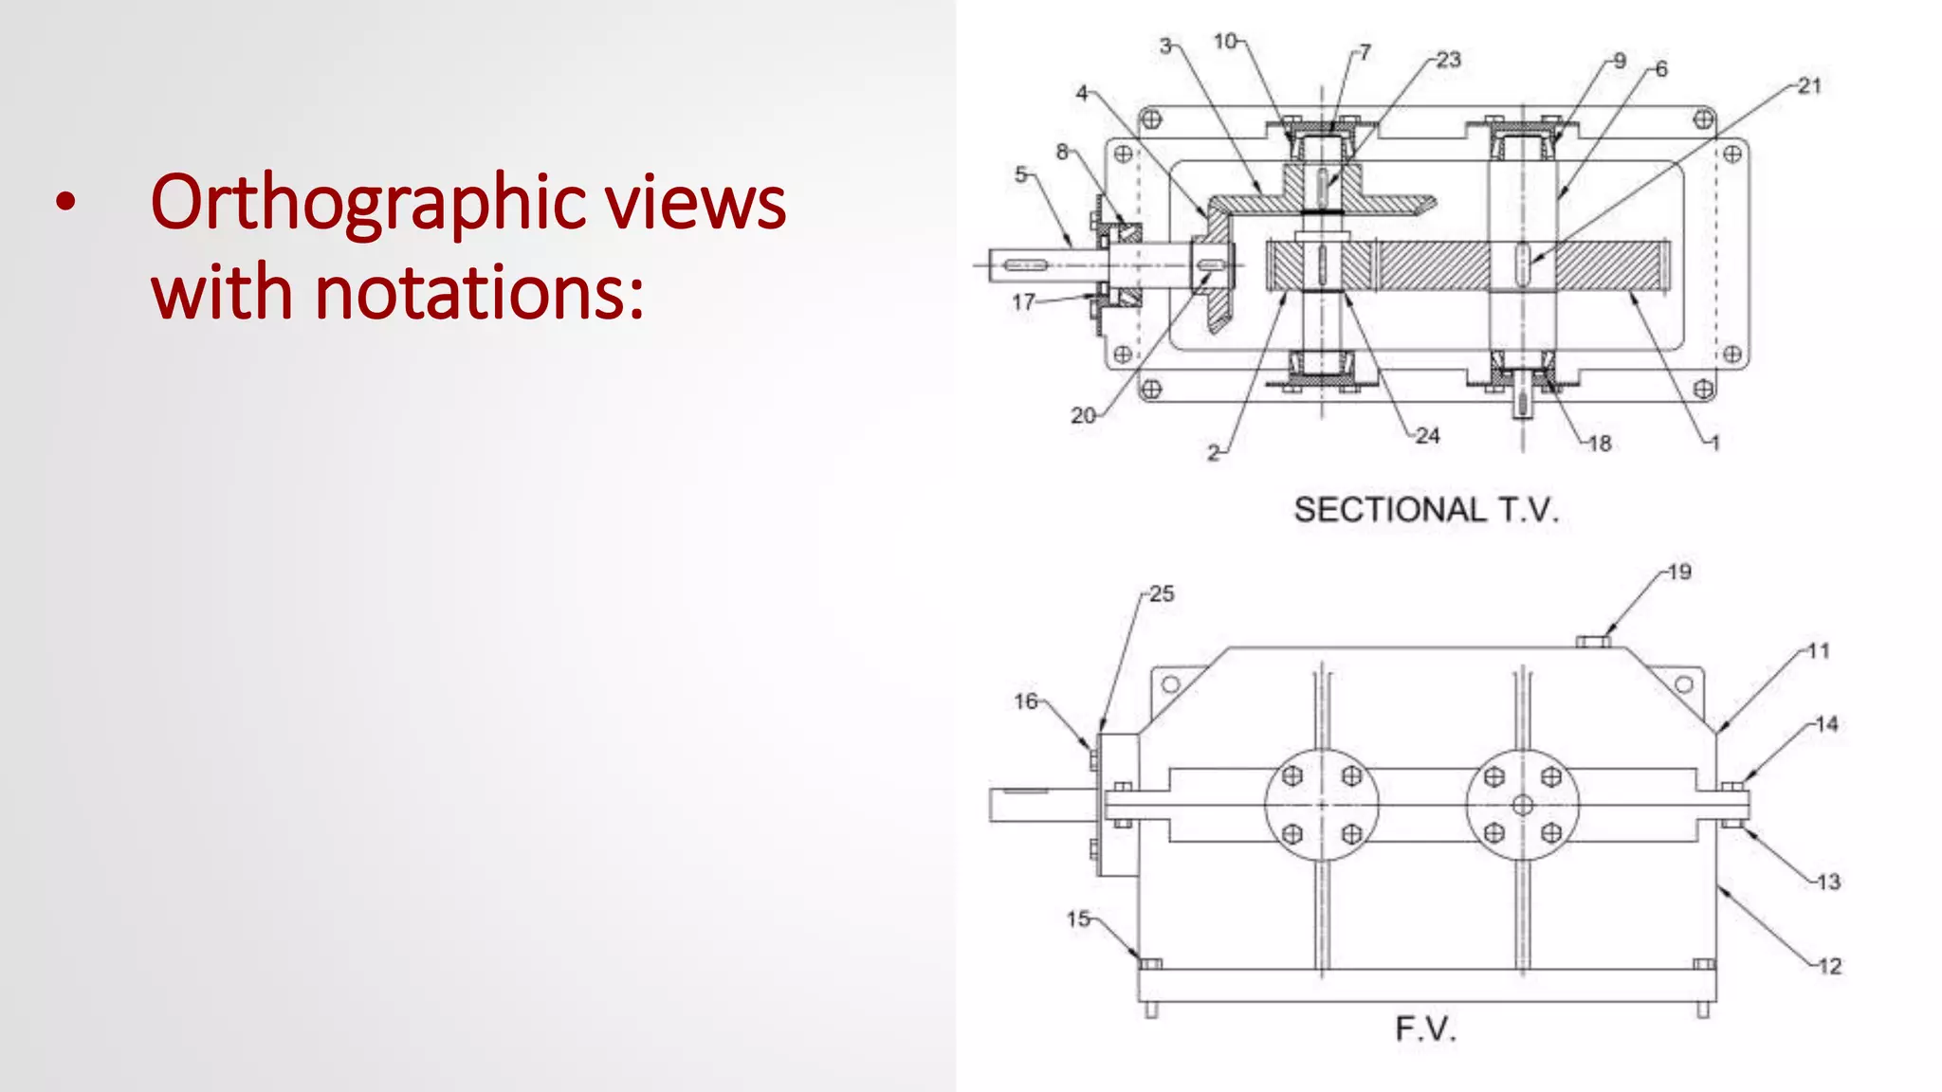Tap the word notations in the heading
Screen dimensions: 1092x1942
pyautogui.click(x=478, y=292)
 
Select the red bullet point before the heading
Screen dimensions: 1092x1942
pyautogui.click(x=64, y=201)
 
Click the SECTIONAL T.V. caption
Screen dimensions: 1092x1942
pyautogui.click(x=1426, y=510)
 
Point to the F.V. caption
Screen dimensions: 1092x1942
pyautogui.click(x=1425, y=1028)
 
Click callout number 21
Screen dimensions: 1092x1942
pyautogui.click(x=1809, y=86)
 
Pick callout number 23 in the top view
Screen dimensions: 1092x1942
pyautogui.click(x=1448, y=61)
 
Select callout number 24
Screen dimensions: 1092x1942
pyautogui.click(x=1428, y=436)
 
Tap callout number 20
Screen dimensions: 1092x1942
pyautogui.click(x=1083, y=415)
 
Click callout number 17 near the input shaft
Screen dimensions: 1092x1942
pyautogui.click(x=1023, y=302)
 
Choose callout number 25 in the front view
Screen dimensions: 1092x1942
pyautogui.click(x=1162, y=594)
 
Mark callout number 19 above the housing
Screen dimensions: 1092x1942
pyautogui.click(x=1679, y=573)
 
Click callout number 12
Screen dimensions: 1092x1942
pyautogui.click(x=1830, y=966)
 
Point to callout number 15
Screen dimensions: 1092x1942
pyautogui.click(x=1078, y=919)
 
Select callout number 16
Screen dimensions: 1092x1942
pyautogui.click(x=1026, y=701)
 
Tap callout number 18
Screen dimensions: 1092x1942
pyautogui.click(x=1600, y=444)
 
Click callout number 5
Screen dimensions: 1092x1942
pyautogui.click(x=1021, y=174)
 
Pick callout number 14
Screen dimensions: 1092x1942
pyautogui.click(x=1826, y=724)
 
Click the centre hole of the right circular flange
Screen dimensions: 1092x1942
pyautogui.click(x=1523, y=805)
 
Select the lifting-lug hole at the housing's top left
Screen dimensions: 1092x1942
pyautogui.click(x=1171, y=683)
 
